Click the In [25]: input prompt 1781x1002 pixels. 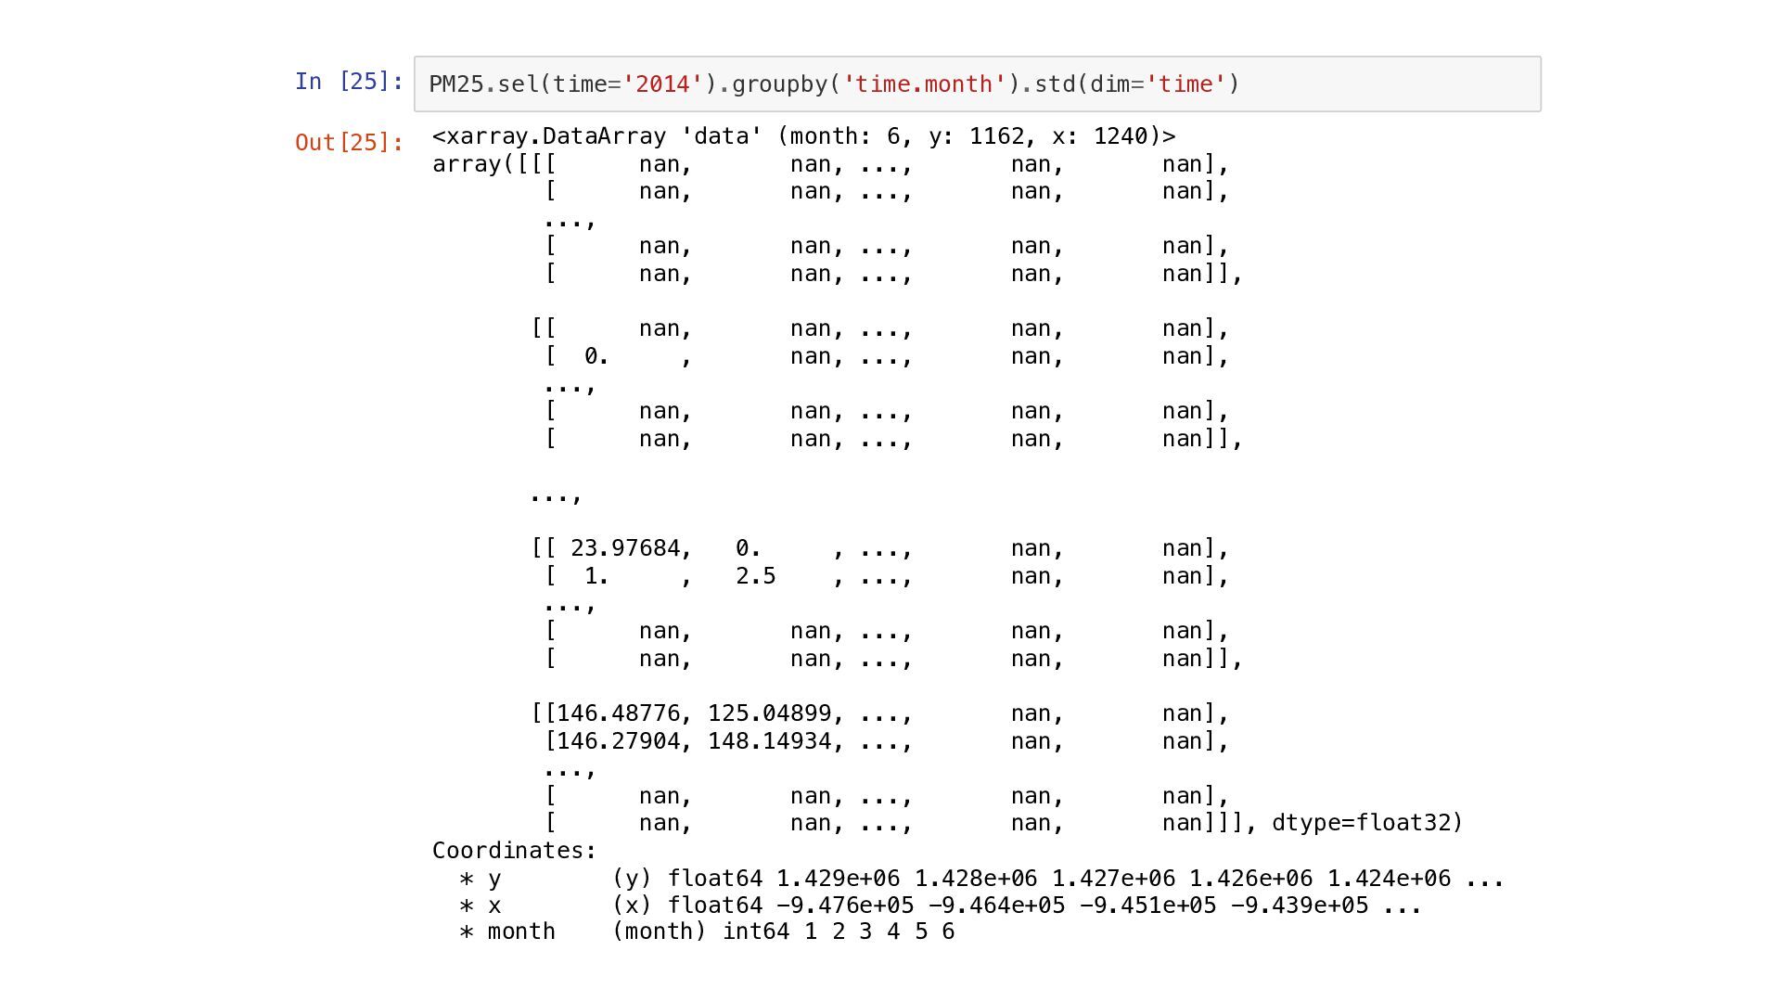pyautogui.click(x=349, y=82)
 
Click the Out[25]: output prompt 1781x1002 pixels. pyautogui.click(x=349, y=143)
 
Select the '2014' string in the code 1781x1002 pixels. pyautogui.click(x=663, y=84)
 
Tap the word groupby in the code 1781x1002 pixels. pyautogui.click(x=780, y=84)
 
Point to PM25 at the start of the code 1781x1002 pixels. pyautogui.click(x=456, y=84)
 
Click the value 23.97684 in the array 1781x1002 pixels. pyautogui.click(x=625, y=548)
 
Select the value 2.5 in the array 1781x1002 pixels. pyautogui.click(x=755, y=576)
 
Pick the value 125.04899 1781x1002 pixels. pyautogui.click(x=769, y=713)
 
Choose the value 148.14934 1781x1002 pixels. pyautogui.click(x=769, y=741)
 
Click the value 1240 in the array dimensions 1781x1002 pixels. pyautogui.click(x=1121, y=136)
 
